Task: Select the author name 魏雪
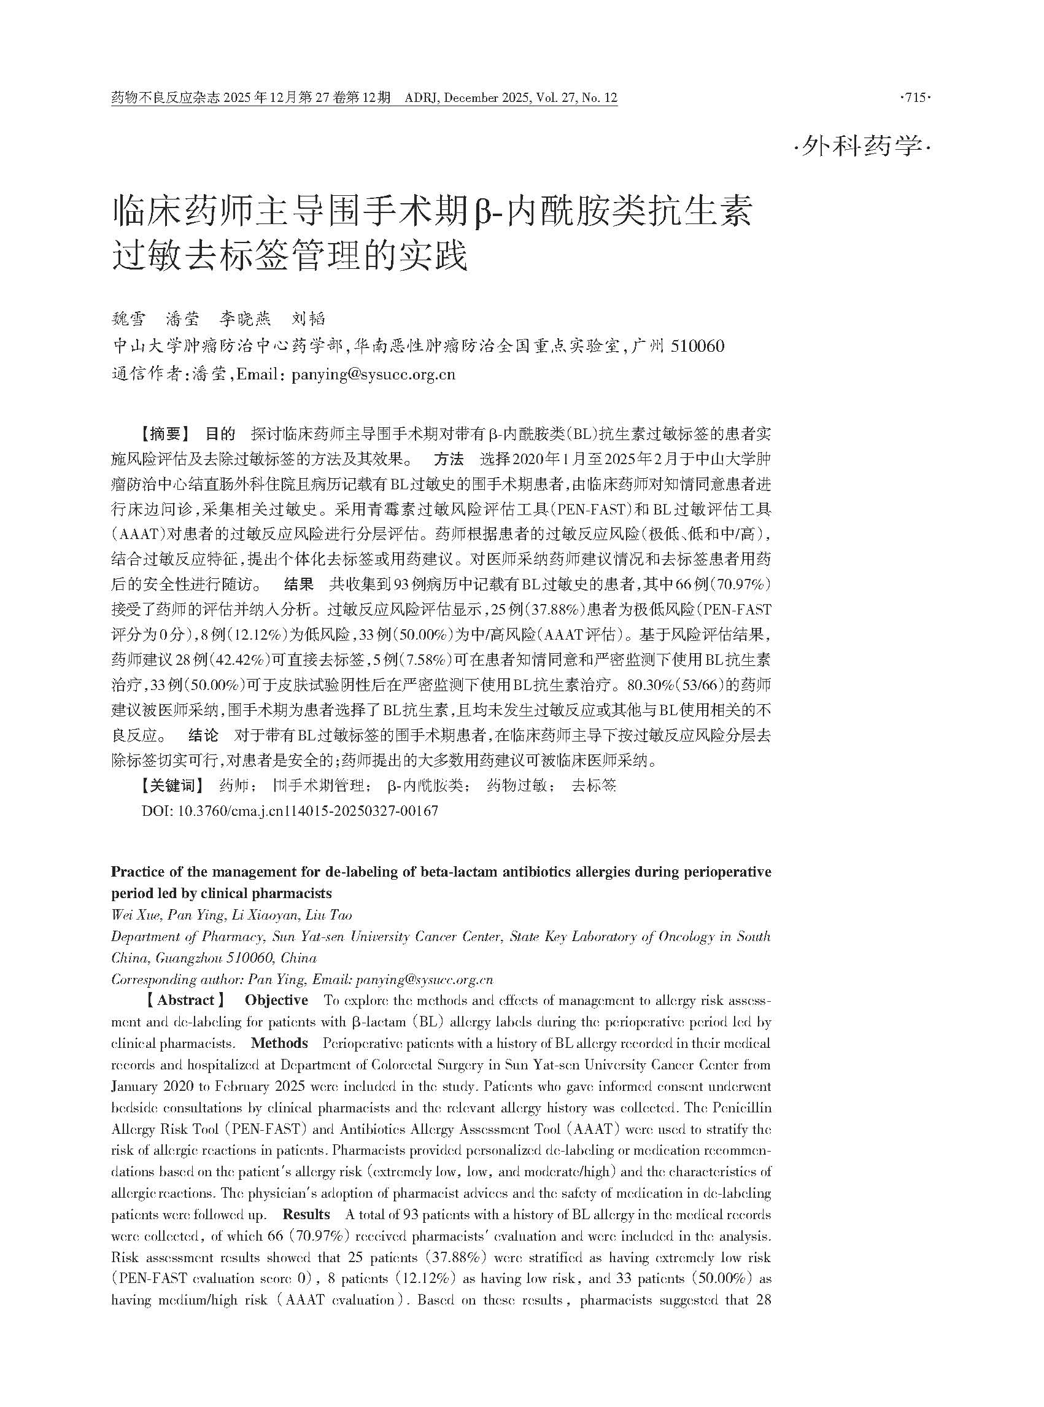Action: point(128,319)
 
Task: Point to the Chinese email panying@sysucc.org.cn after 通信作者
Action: point(373,374)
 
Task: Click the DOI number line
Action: point(290,811)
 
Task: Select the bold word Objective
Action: point(276,1001)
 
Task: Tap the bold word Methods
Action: point(279,1043)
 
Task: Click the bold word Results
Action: point(306,1214)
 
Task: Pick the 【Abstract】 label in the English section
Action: point(185,1001)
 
